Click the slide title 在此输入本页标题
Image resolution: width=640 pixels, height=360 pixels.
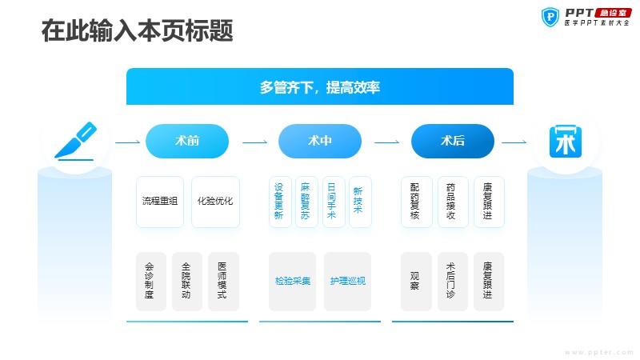[137, 30]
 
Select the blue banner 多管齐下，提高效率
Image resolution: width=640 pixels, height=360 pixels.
[319, 86]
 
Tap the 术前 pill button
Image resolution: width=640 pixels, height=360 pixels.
[187, 141]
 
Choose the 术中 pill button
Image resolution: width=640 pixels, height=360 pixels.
[319, 141]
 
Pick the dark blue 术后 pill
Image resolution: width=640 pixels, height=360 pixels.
[453, 141]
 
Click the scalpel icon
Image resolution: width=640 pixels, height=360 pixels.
[75, 142]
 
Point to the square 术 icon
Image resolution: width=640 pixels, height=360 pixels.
[566, 142]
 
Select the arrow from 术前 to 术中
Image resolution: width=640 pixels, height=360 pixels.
[254, 142]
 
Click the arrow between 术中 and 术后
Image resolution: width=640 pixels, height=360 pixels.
[386, 142]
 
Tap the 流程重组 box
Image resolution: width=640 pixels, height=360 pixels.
[160, 202]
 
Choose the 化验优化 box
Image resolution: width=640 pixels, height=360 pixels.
[215, 202]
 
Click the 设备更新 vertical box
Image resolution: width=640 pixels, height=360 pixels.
[281, 202]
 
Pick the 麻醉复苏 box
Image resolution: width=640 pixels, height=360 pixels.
[306, 202]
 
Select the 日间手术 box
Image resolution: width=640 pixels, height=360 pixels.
[334, 202]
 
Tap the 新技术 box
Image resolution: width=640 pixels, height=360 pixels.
[360, 202]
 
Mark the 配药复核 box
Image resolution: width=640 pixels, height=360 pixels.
[416, 202]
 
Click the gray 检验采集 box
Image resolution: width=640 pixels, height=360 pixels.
[292, 282]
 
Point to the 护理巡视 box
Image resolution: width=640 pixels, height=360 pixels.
[347, 282]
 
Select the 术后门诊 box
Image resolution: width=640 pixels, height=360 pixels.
[453, 282]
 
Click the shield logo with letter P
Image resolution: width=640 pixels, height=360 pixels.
[550, 17]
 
